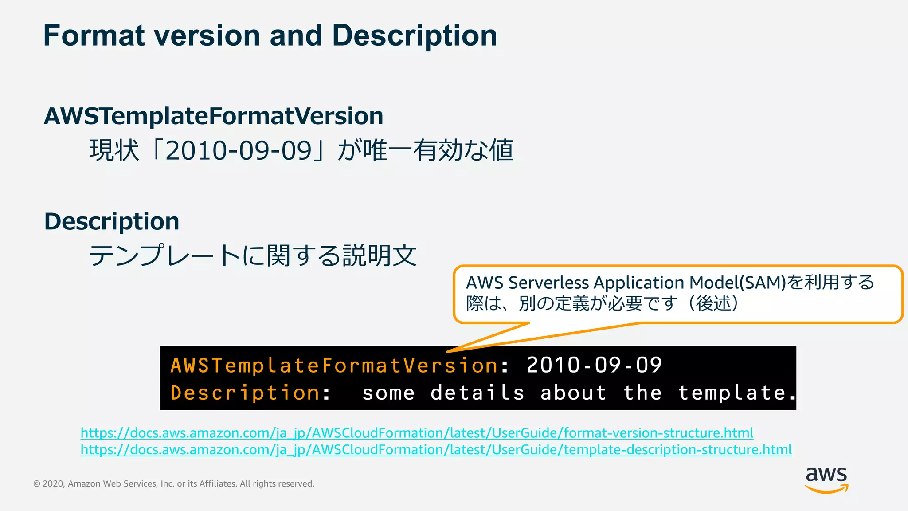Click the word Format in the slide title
tap(94, 35)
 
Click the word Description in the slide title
tap(415, 35)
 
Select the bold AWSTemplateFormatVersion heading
tap(213, 116)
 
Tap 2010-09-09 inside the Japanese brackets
tap(239, 151)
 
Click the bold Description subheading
tap(112, 221)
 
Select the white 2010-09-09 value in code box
tap(594, 366)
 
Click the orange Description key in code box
tap(245, 393)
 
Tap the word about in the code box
tap(573, 393)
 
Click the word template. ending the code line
tap(736, 393)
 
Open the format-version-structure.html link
tap(417, 432)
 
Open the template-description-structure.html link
tap(436, 450)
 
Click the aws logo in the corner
tap(826, 475)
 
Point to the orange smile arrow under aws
tap(826, 489)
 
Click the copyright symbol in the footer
tap(37, 484)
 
